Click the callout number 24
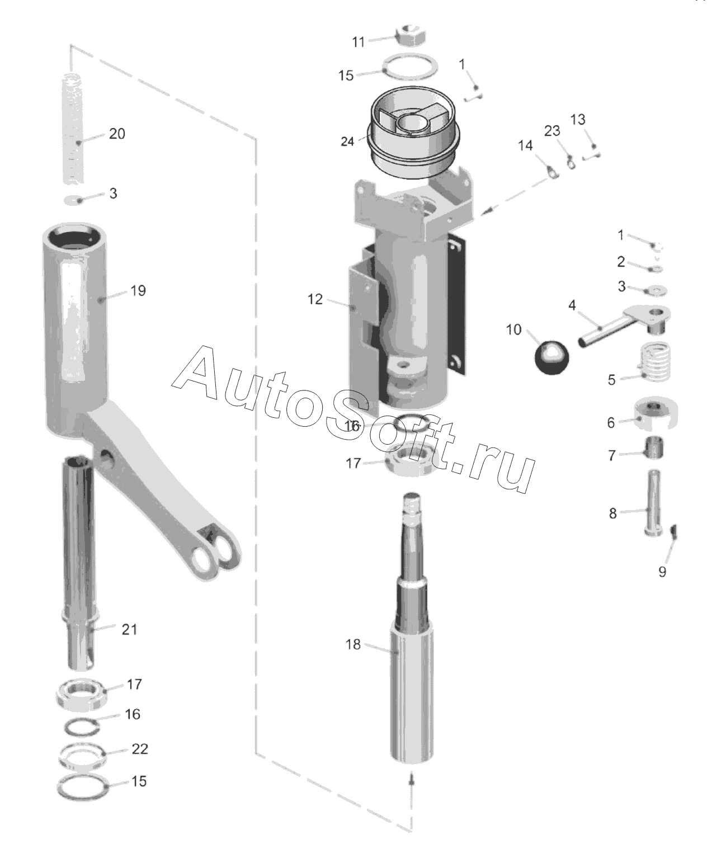(347, 142)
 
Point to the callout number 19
(138, 291)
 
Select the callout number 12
(315, 300)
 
